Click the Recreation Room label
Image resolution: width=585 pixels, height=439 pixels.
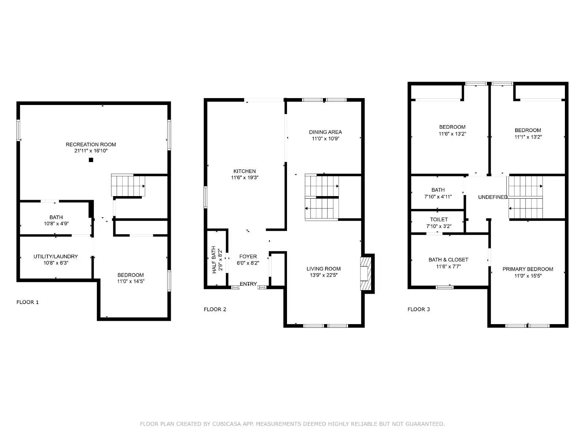(91, 145)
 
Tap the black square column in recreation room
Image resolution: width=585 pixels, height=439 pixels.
(91, 160)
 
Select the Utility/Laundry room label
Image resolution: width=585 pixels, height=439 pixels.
(56, 256)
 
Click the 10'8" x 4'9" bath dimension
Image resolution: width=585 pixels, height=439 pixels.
(56, 224)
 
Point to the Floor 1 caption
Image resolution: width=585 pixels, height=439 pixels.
(27, 302)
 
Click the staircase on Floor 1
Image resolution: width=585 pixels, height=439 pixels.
(128, 186)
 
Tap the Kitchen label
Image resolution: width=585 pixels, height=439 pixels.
(245, 171)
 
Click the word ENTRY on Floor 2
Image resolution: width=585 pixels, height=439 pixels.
(248, 284)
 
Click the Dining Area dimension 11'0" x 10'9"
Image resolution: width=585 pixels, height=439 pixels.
(325, 139)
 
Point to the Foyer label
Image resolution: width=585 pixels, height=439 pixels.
(248, 256)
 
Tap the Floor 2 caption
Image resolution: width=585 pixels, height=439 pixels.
(215, 309)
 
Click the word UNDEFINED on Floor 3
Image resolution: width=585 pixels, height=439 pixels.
(492, 197)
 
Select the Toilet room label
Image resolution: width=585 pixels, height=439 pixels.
(439, 219)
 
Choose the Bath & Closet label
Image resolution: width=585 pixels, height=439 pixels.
(448, 260)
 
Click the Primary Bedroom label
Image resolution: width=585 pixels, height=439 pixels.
(528, 269)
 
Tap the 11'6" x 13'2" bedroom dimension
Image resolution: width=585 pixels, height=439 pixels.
(452, 134)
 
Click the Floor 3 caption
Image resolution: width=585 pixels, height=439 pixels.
(419, 309)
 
